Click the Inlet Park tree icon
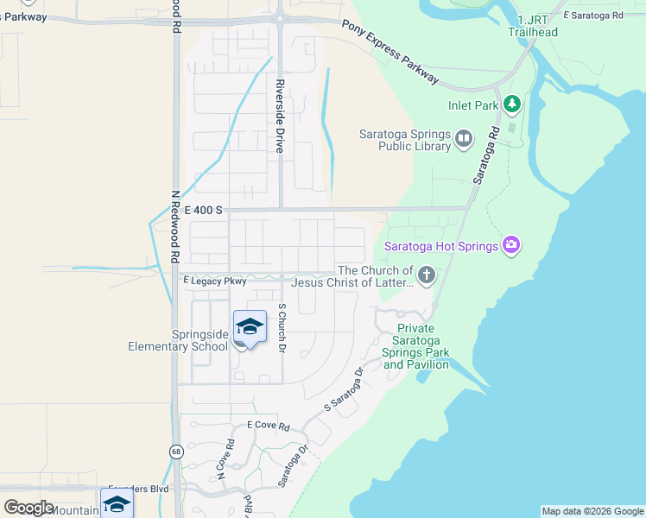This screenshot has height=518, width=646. (x=512, y=104)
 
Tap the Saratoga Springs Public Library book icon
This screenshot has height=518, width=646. (x=465, y=138)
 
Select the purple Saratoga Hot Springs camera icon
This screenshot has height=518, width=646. (x=511, y=246)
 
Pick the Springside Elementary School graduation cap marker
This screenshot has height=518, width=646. (x=250, y=328)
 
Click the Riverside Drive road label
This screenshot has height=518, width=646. (x=280, y=117)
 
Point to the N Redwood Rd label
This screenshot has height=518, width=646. (x=174, y=226)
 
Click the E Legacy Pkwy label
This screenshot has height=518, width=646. (x=215, y=281)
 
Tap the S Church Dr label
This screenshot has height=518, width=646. (x=282, y=329)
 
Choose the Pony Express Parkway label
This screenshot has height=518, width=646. (x=389, y=52)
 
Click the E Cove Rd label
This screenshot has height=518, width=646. (x=268, y=426)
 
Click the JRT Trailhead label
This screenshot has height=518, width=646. (x=538, y=26)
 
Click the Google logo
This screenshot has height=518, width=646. (x=28, y=508)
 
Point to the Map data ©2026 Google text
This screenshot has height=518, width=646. (x=592, y=511)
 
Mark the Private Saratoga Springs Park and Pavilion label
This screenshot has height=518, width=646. (x=416, y=347)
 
